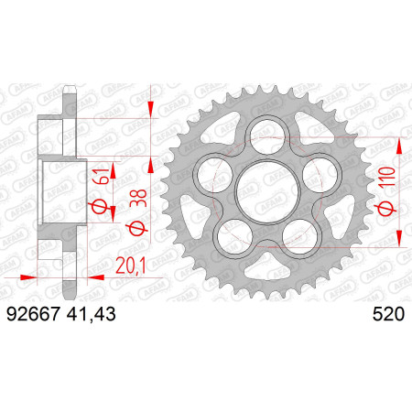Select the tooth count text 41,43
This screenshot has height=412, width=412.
pos(91,315)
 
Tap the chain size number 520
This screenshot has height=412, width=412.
pos(388,314)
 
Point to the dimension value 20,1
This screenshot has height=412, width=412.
pos(131,266)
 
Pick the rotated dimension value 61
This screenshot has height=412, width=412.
pos(102,176)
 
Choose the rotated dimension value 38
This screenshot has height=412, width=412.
pos(138,199)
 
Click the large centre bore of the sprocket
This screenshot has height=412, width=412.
pos(267,191)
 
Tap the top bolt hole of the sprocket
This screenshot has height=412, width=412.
pos(267,136)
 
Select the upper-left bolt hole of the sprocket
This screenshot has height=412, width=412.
pos(215,175)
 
